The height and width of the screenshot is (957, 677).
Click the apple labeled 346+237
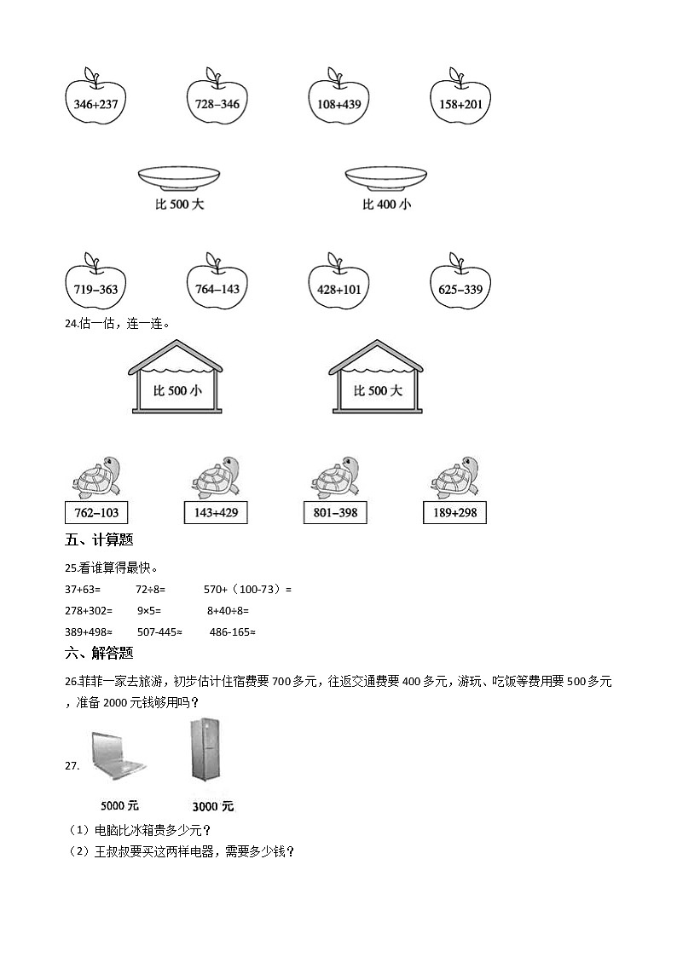[x=95, y=103]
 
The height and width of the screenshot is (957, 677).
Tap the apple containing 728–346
[x=217, y=103]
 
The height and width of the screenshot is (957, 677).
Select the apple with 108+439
[x=338, y=103]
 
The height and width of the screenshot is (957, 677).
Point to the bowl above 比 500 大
[x=179, y=177]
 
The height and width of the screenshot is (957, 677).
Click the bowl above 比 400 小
[x=387, y=177]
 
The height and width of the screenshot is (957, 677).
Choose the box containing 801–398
[x=335, y=512]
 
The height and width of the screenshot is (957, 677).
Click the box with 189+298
[x=454, y=512]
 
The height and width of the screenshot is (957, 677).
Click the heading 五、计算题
[x=99, y=539]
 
